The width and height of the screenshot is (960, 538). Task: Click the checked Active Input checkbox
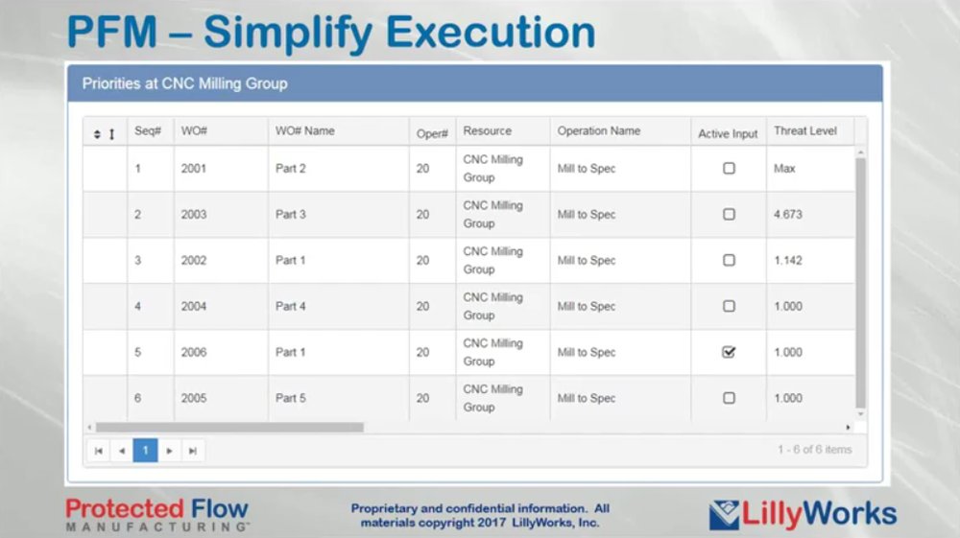(729, 352)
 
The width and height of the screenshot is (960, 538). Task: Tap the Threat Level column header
(805, 130)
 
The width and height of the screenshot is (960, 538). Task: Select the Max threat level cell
(784, 169)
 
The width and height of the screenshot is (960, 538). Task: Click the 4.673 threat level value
(788, 215)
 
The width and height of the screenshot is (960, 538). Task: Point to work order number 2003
(194, 215)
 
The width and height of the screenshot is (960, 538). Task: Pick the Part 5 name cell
(290, 398)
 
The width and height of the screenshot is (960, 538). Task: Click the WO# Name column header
(305, 130)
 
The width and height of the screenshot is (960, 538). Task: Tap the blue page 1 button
(145, 451)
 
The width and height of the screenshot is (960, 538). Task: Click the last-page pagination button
(193, 451)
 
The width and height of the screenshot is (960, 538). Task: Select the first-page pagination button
(98, 451)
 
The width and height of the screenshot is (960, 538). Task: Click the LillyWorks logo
(803, 514)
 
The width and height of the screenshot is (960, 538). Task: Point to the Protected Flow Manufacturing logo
(157, 514)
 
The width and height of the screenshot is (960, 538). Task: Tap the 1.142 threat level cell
(788, 261)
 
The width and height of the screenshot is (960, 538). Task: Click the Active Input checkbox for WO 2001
(729, 168)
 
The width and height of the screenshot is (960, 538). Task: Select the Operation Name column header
(599, 130)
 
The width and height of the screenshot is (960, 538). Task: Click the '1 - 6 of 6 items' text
(815, 450)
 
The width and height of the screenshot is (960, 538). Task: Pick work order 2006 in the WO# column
(194, 352)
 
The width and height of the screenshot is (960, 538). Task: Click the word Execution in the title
(491, 32)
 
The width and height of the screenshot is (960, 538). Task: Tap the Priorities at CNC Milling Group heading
(185, 83)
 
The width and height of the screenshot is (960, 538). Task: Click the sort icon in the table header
(97, 134)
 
